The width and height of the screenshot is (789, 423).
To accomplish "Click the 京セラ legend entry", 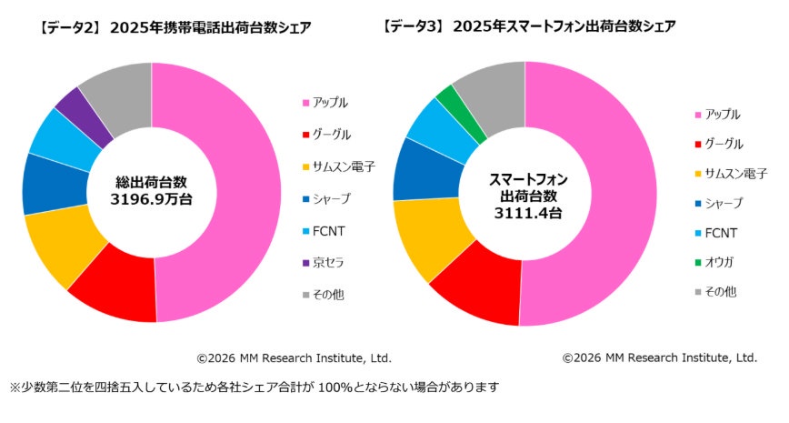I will pyautogui.click(x=327, y=263).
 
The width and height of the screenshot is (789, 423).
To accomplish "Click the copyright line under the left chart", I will pyautogui.click(x=294, y=358).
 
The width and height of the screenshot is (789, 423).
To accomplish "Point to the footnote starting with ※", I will pyautogui.click(x=254, y=387).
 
